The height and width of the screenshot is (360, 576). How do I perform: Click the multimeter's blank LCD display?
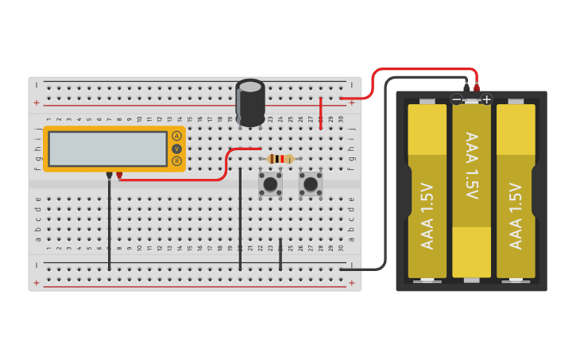[107, 149]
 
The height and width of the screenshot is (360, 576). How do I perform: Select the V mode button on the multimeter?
[176, 149]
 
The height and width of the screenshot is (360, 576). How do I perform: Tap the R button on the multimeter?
[176, 161]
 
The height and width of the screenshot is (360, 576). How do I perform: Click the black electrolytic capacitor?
[250, 103]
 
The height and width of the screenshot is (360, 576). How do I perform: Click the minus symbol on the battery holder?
[456, 99]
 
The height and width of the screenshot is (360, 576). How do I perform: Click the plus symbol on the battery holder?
[486, 99]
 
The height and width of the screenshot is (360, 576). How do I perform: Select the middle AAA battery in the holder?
[471, 191]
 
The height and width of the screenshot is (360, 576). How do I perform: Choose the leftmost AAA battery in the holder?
[427, 191]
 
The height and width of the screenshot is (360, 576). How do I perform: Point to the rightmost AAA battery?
[516, 191]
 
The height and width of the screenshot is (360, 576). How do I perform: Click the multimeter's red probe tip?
[119, 175]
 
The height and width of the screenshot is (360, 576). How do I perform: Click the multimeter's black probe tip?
[109, 175]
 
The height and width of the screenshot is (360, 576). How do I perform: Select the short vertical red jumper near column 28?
[320, 112]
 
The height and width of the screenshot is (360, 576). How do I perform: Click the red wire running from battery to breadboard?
[421, 70]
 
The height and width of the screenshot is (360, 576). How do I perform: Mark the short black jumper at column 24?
[280, 254]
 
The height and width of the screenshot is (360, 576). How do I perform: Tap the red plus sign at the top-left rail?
[37, 103]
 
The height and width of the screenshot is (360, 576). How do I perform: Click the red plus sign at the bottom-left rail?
[37, 282]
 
